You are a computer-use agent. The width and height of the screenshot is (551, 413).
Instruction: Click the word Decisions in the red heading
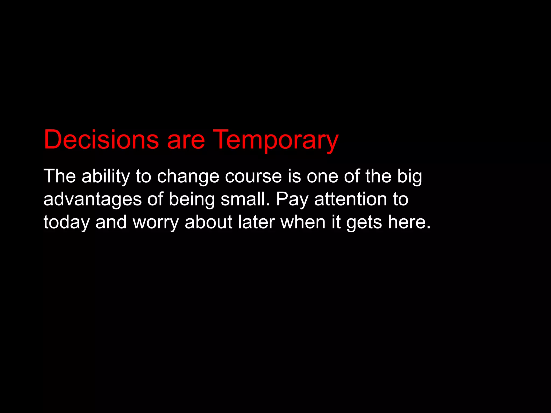pos(101,140)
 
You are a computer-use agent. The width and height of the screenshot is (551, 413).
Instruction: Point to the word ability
pos(105,176)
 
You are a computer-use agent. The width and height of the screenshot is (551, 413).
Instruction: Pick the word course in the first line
pos(253,177)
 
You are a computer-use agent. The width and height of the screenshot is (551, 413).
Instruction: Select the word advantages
pos(92,200)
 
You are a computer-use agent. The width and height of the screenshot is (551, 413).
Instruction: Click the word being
pos(192,200)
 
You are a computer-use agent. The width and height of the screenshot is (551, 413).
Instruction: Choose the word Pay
pos(292,200)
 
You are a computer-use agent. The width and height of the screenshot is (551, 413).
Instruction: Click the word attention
pos(350,199)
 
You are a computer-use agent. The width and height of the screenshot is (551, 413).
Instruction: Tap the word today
pos(66,223)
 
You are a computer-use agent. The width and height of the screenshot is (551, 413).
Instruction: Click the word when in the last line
pos(303,222)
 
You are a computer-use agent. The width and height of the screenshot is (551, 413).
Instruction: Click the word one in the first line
pos(322,177)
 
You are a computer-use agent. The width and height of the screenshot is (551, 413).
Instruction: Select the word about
pos(209,222)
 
